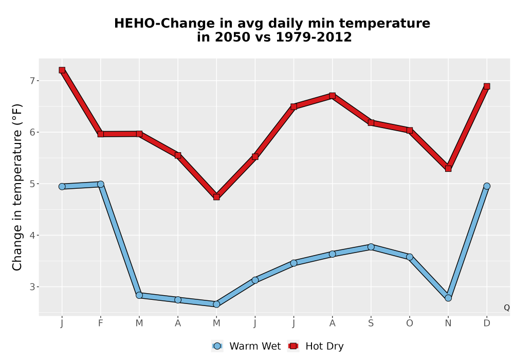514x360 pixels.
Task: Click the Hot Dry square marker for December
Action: [487, 86]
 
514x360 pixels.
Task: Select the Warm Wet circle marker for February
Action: [101, 184]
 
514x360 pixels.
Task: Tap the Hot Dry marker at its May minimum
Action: [216, 197]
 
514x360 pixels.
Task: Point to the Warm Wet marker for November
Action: [448, 298]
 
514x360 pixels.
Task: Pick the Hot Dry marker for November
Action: [448, 169]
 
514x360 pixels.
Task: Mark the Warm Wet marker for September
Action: [371, 247]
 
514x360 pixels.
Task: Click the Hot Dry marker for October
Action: [410, 131]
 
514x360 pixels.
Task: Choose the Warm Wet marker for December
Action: [487, 186]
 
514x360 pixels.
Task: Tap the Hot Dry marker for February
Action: [101, 134]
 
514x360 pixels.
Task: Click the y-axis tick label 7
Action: [32, 81]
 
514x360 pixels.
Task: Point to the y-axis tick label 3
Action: [32, 287]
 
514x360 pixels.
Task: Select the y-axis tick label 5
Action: [32, 184]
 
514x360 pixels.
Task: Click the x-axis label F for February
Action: [101, 323]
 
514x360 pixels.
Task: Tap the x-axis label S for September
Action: [371, 323]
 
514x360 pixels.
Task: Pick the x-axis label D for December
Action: [487, 323]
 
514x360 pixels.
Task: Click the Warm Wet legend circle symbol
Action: [217, 346]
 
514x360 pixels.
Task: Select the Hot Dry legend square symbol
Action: [293, 346]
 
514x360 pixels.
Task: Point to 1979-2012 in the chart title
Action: [314, 37]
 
